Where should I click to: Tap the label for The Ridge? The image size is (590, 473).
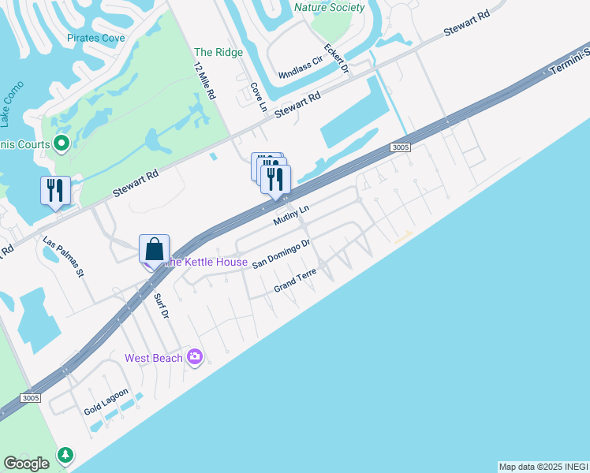(218, 53)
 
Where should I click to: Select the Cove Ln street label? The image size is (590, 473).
(256, 98)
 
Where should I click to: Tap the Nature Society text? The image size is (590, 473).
(329, 8)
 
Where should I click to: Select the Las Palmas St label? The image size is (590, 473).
(64, 256)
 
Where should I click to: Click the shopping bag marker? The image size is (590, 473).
(155, 250)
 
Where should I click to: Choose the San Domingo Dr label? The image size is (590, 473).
(282, 255)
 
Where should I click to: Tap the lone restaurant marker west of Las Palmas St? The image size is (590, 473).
(55, 191)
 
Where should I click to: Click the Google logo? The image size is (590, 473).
(26, 464)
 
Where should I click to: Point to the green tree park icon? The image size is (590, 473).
(65, 456)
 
